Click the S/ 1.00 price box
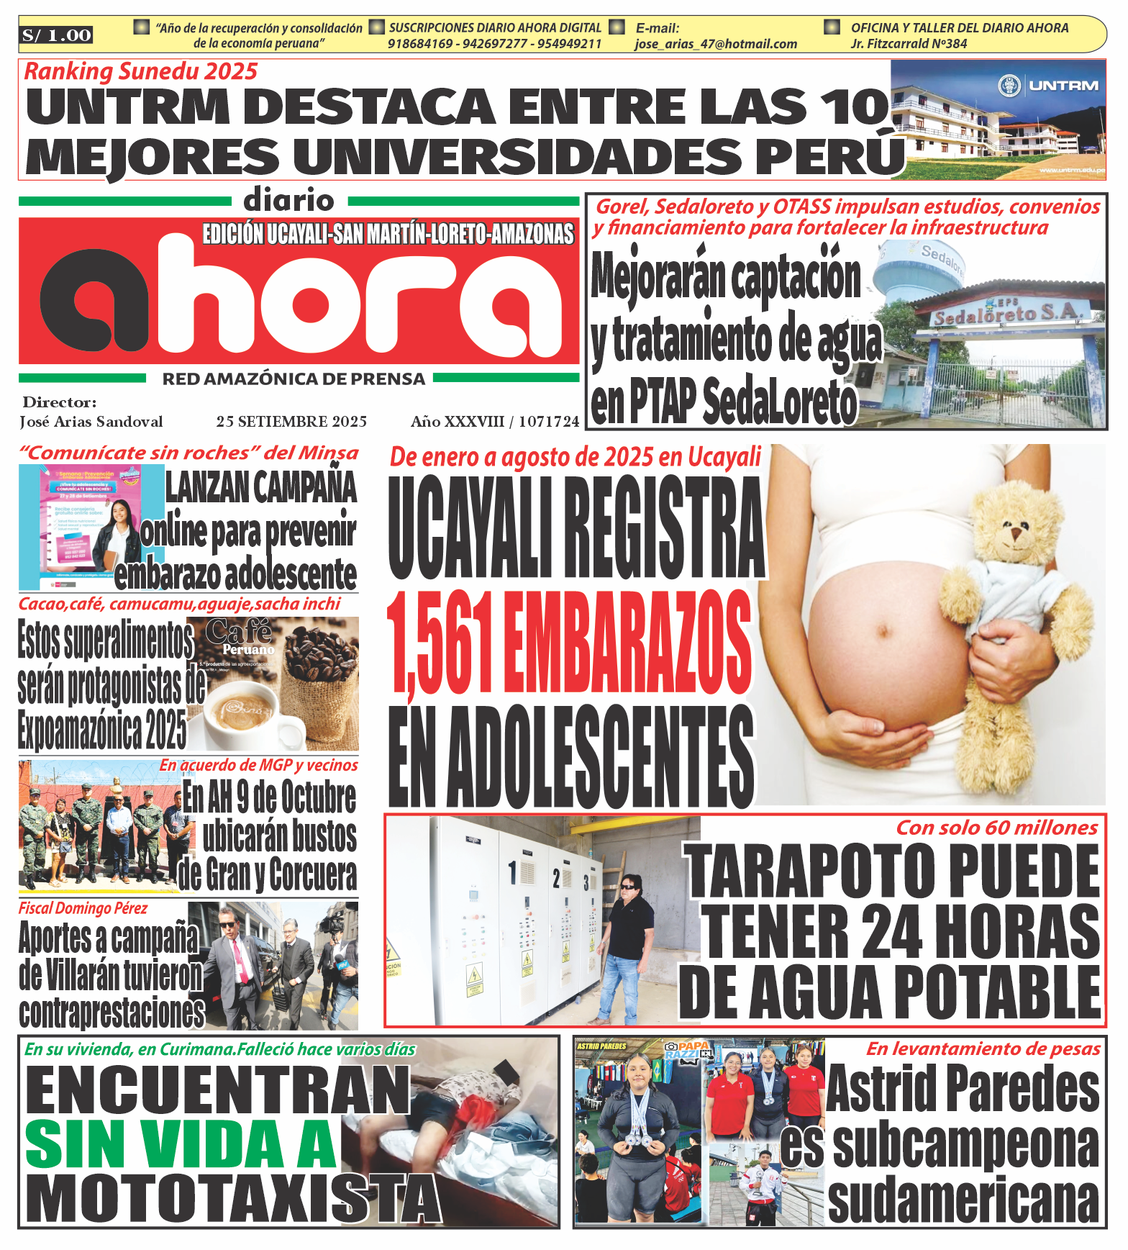pos(57,35)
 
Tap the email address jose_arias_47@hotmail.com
pos(715,44)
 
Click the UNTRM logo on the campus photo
pos(1051,86)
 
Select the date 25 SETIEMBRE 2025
pos(291,422)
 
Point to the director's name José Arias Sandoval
pos(91,422)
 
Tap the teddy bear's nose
pos(1016,533)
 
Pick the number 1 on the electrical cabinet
pos(512,872)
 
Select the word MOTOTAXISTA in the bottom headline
pos(232,1198)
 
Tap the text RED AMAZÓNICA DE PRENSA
pos(294,379)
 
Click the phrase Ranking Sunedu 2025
pos(141,71)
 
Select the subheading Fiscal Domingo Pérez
pos(83,908)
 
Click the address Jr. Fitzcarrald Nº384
pos(909,44)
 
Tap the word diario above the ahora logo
pos(288,201)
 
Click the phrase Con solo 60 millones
pos(996,828)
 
